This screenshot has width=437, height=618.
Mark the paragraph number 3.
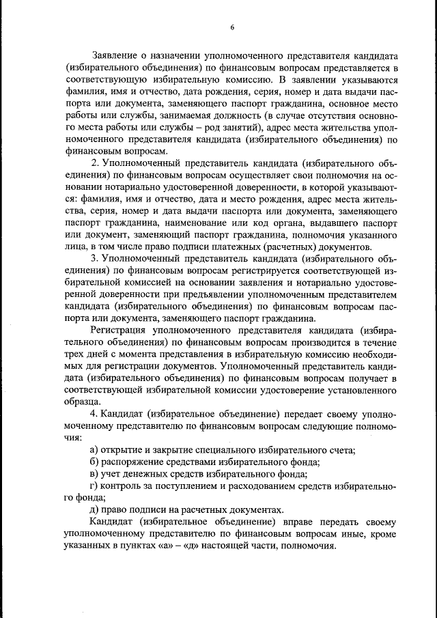click(x=94, y=259)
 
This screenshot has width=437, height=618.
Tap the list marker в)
click(x=94, y=475)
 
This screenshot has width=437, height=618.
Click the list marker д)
click(x=94, y=510)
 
